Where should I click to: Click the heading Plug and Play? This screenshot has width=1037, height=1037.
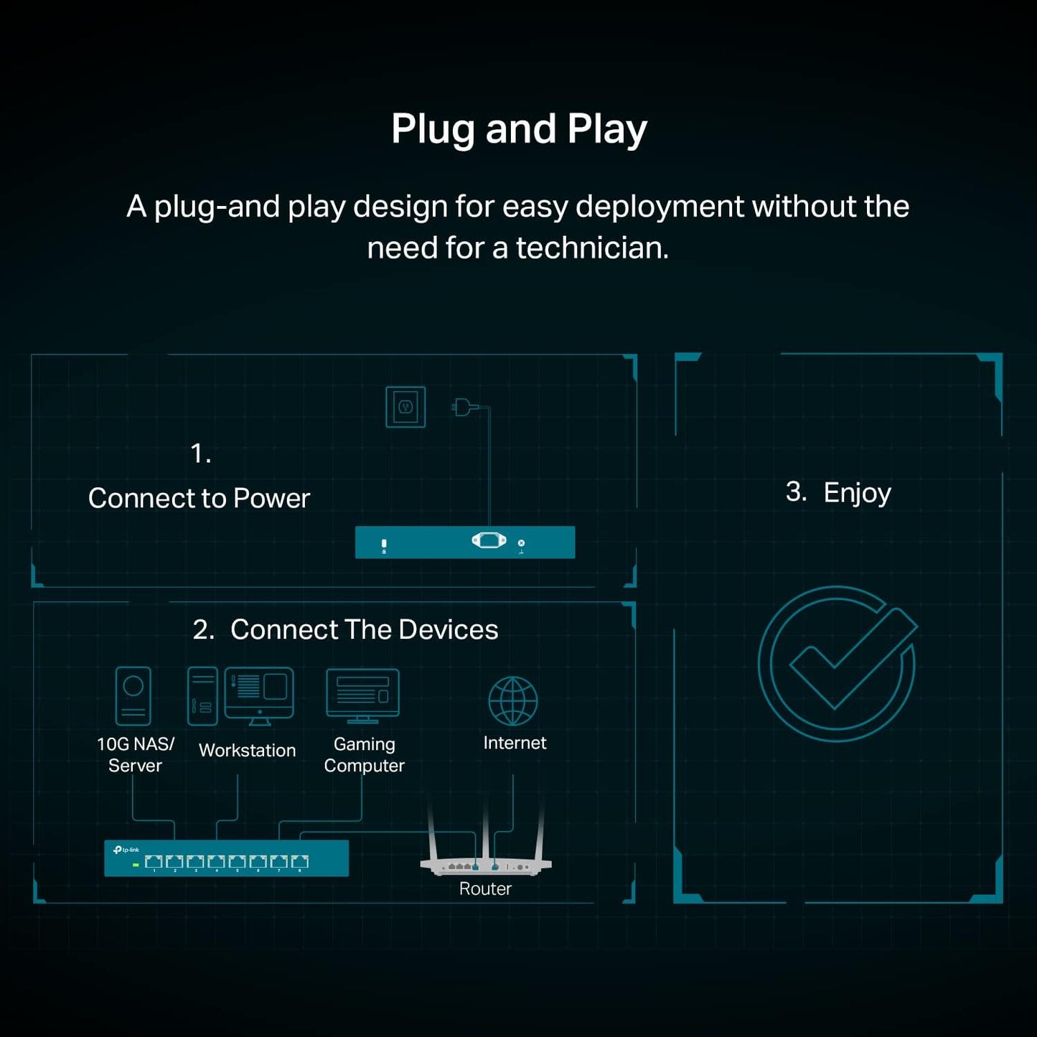519,130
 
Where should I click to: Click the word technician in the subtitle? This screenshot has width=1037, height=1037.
592,248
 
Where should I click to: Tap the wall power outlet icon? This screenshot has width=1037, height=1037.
405,407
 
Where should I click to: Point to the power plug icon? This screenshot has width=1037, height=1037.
464,407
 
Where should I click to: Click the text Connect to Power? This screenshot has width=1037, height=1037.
199,498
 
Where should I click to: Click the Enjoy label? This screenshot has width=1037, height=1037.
858,494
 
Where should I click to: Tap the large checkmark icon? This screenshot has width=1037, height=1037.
837,664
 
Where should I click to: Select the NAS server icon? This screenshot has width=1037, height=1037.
133,696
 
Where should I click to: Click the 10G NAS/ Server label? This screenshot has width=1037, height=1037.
135,754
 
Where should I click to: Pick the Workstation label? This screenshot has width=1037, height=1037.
248,750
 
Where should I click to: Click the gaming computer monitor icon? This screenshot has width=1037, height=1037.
362,696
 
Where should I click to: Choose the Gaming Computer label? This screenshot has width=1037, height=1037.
365,754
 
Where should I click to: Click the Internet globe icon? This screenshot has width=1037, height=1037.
513,700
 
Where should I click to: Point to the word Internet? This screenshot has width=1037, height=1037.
515,743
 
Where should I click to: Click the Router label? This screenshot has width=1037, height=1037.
485,888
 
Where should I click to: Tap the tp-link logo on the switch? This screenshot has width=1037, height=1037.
126,850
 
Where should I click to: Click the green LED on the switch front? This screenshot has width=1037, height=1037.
136,865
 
